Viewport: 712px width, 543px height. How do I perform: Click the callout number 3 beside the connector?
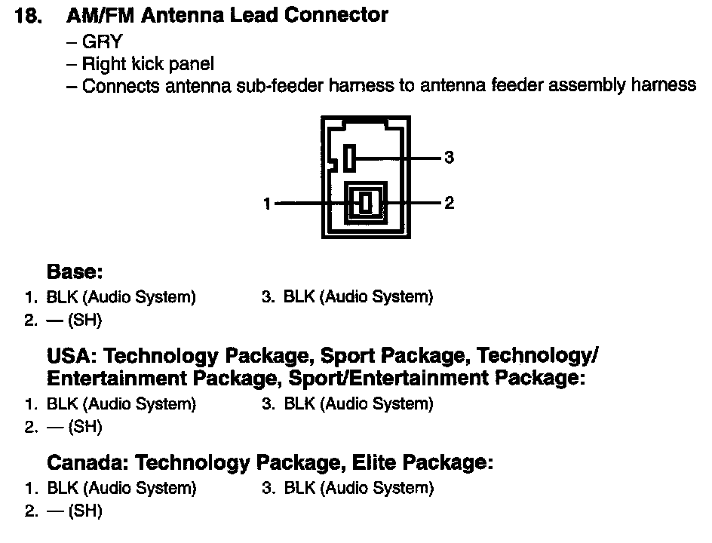[x=450, y=158]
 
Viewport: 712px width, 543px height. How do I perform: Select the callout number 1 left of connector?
[x=267, y=203]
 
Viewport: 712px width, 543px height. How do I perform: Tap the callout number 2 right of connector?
[x=450, y=203]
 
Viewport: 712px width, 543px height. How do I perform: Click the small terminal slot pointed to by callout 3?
[x=348, y=158]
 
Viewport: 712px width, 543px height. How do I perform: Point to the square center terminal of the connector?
[x=365, y=203]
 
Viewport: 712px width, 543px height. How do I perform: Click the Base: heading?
[x=75, y=271]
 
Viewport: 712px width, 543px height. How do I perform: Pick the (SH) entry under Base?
[x=84, y=321]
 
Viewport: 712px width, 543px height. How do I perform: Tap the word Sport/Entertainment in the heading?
[x=378, y=378]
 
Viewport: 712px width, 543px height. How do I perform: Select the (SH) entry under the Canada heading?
[x=84, y=511]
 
